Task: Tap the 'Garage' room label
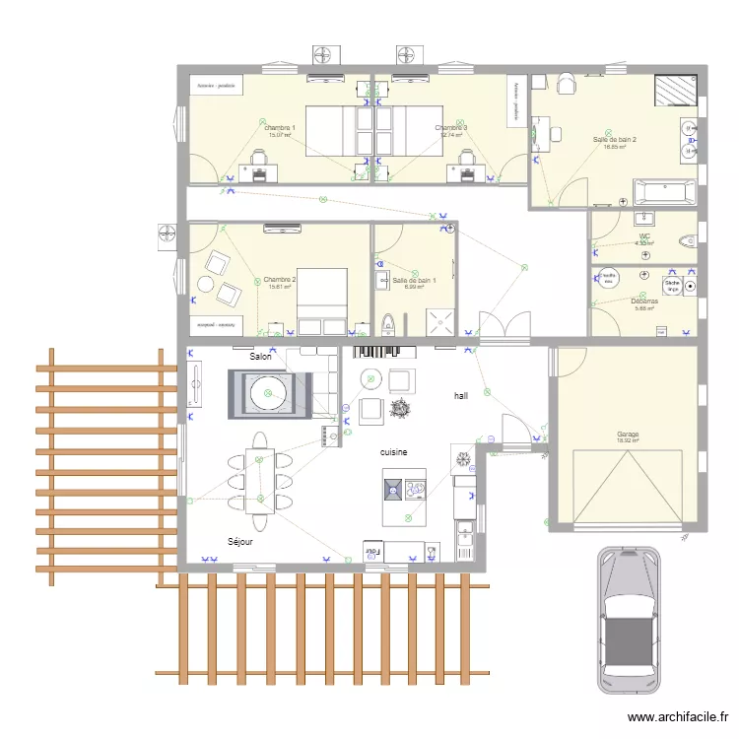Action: (x=628, y=435)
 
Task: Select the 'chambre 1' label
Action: (x=281, y=128)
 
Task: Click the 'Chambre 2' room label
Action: (x=280, y=280)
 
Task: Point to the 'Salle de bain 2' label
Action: (x=615, y=140)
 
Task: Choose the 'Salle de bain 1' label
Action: (x=414, y=280)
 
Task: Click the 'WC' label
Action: (x=645, y=236)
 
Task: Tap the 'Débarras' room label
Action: (x=646, y=302)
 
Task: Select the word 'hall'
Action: (x=460, y=395)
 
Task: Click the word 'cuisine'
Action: (x=395, y=451)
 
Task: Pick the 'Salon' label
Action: (x=260, y=357)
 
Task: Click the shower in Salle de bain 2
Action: (x=676, y=89)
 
